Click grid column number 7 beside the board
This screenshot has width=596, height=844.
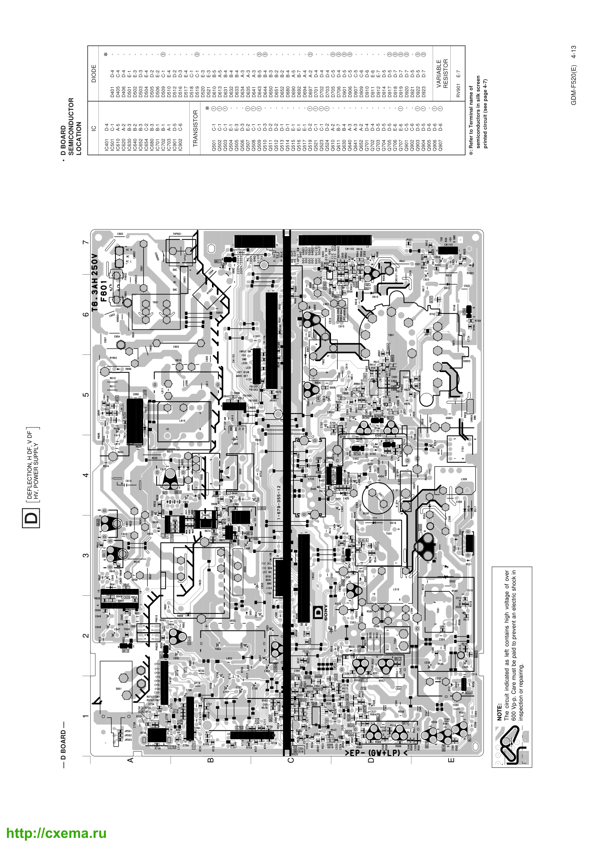tap(85, 242)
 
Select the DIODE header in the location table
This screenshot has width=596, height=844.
tap(94, 74)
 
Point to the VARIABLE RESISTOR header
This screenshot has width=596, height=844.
tap(442, 74)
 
